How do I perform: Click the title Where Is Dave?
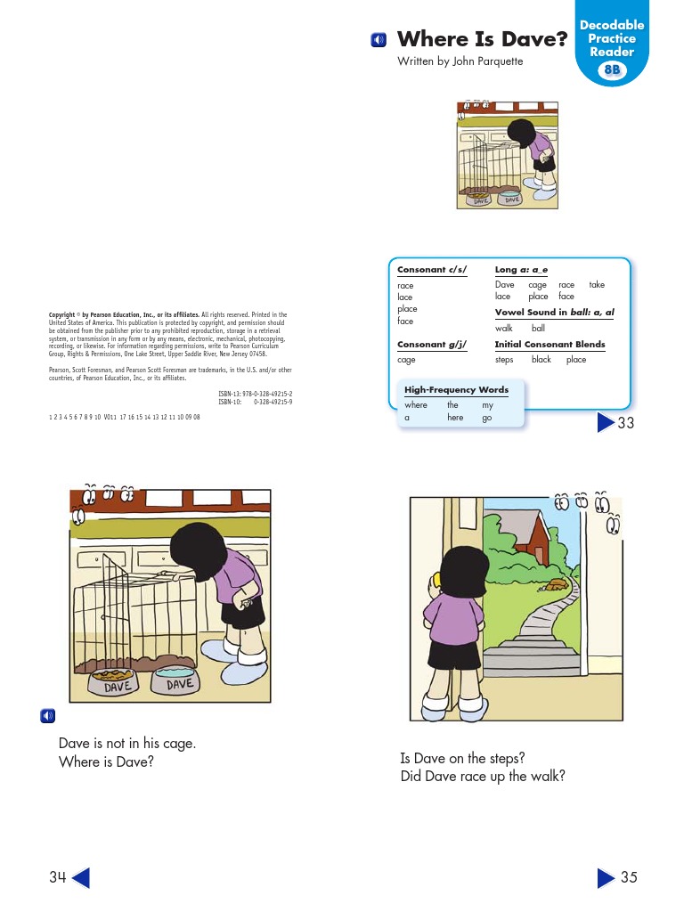click(482, 39)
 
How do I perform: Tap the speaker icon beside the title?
click(379, 40)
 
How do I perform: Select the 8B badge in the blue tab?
click(613, 70)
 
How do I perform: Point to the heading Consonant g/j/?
click(432, 345)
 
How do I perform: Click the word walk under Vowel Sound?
click(504, 329)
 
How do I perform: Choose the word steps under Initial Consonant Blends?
click(504, 360)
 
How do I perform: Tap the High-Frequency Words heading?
click(456, 390)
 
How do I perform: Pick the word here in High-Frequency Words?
click(455, 417)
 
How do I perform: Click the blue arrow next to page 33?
click(606, 422)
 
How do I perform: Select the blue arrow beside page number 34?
click(80, 878)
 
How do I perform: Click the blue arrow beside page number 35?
click(606, 878)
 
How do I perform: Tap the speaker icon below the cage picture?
click(47, 716)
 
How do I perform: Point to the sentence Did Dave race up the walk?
click(483, 777)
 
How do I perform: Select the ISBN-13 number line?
click(256, 394)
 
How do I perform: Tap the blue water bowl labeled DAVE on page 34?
click(181, 682)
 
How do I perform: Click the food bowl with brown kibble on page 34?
click(117, 684)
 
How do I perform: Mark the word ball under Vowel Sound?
click(538, 329)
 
